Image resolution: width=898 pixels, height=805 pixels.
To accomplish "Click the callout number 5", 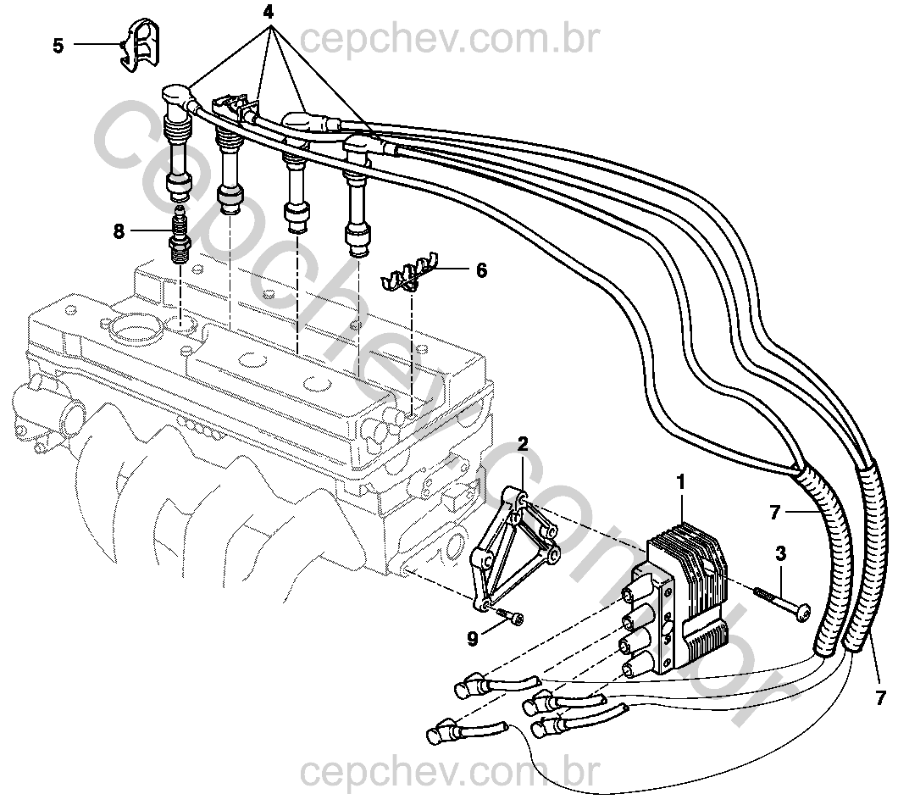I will [58, 46].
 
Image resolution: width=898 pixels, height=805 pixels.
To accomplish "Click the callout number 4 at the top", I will [269, 14].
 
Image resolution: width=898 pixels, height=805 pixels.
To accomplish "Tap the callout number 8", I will [119, 230].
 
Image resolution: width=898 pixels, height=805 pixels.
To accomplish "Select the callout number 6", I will [481, 270].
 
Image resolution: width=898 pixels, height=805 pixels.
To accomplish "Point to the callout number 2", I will [523, 444].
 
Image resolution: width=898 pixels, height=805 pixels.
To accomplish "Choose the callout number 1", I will [679, 482].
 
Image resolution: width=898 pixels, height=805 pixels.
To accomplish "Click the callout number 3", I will [780, 553].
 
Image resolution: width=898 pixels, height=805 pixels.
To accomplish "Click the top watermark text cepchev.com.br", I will [450, 38].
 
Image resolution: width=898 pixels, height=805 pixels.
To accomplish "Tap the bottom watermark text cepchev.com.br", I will [450, 773].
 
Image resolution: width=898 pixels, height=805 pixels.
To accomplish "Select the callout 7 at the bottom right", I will [880, 698].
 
